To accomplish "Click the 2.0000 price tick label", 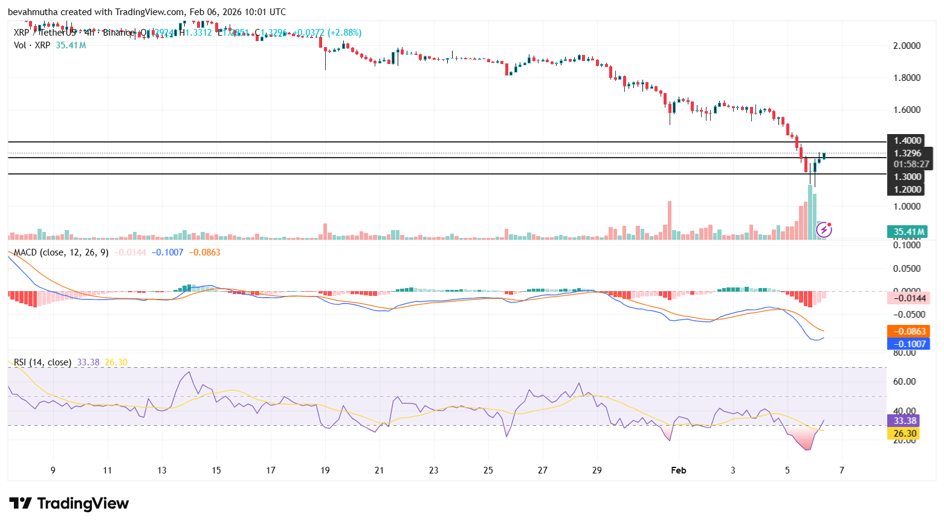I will pyautogui.click(x=907, y=46).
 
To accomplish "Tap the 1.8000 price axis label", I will pyautogui.click(x=907, y=78).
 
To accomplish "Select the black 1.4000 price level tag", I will pyautogui.click(x=908, y=141).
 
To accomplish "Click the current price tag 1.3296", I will pyautogui.click(x=908, y=153).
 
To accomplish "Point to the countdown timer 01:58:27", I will pyautogui.click(x=908, y=164).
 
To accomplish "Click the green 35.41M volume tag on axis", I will pyautogui.click(x=908, y=232).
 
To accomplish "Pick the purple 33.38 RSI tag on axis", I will pyautogui.click(x=905, y=421).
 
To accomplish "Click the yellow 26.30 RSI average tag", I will pyautogui.click(x=905, y=434).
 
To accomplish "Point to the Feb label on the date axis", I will pyautogui.click(x=679, y=470).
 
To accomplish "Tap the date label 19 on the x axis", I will pyautogui.click(x=325, y=470).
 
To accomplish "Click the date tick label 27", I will pyautogui.click(x=543, y=470).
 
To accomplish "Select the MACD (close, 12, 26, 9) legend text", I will pyautogui.click(x=61, y=252).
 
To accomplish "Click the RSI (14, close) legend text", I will pyautogui.click(x=42, y=362).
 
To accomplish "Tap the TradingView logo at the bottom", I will pyautogui.click(x=69, y=504).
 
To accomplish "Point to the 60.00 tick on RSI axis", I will pyautogui.click(x=904, y=382).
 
